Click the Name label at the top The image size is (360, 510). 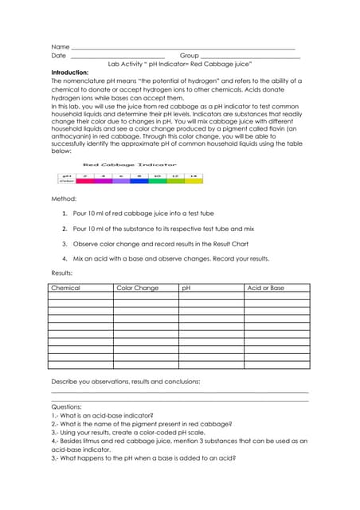(x=60, y=47)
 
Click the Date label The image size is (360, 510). (x=59, y=56)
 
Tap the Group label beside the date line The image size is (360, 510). (x=189, y=56)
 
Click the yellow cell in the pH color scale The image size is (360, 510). (x=194, y=181)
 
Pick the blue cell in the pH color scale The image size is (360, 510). (x=139, y=181)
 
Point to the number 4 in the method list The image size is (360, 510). (x=64, y=259)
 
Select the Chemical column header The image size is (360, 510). (x=65, y=288)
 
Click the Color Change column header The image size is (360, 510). (x=137, y=288)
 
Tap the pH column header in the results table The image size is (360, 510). (x=186, y=288)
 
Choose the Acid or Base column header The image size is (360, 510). (x=266, y=288)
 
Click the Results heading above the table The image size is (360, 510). (x=62, y=273)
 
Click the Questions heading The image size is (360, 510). (x=66, y=406)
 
